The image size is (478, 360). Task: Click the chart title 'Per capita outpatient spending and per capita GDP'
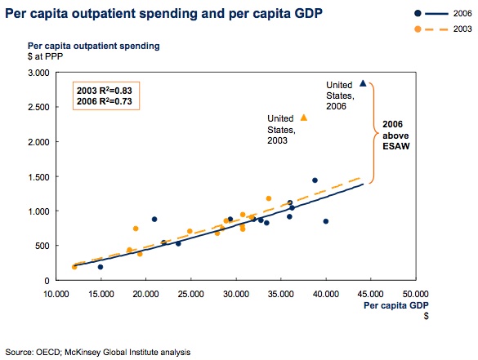pos(163,14)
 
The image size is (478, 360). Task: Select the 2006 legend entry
pos(443,13)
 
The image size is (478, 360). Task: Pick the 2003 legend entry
pos(443,29)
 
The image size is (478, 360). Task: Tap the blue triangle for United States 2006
pos(363,83)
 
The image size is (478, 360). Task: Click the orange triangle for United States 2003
pos(304,118)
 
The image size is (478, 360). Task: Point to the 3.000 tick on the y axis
pos(38,73)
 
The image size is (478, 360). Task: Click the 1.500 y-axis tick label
pos(38,177)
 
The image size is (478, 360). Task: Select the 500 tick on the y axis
pos(42,246)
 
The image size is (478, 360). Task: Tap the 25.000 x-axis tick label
pos(191,294)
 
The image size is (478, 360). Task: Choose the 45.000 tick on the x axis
pos(370,294)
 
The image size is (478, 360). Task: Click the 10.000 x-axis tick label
pos(56,294)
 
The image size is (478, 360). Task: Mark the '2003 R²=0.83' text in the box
pos(105,91)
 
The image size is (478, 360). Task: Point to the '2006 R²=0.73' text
pos(105,101)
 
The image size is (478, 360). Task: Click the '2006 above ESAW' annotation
pos(396,135)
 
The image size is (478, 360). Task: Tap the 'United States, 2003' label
pos(281,129)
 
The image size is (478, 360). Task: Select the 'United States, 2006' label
pos(340,96)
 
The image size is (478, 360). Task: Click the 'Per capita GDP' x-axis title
pos(396,305)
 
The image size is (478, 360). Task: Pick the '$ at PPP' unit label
pos(45,56)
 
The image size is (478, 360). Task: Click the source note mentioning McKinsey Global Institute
pos(98,352)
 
